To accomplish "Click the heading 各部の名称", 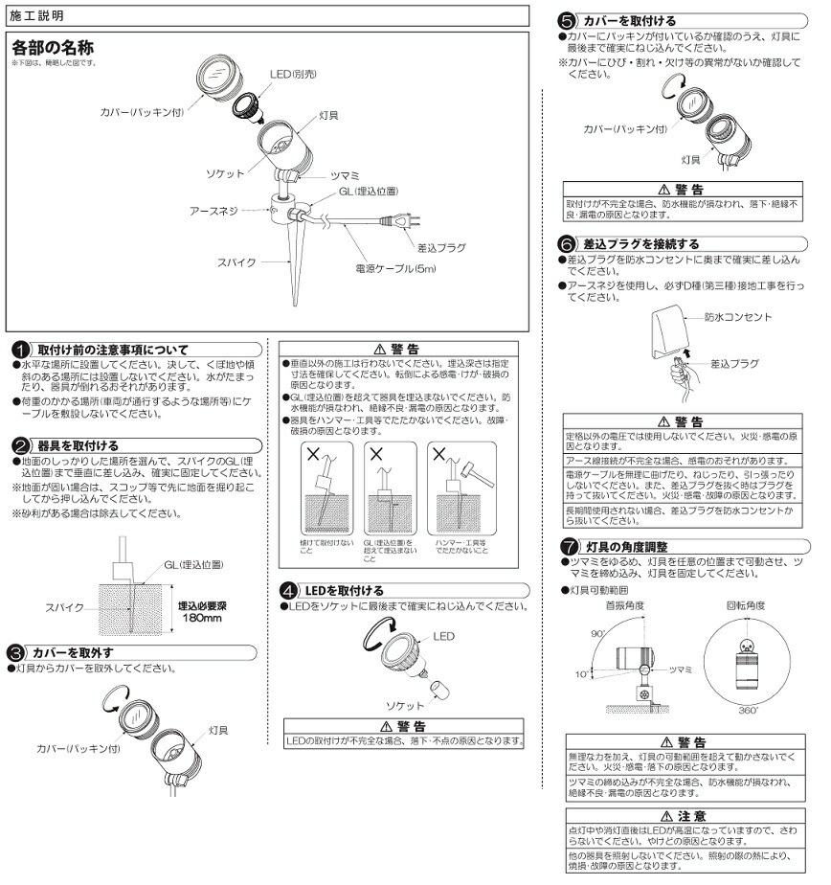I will pos(52,47).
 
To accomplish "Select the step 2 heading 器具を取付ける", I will pos(78,445).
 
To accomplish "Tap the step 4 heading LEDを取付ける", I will pos(345,590).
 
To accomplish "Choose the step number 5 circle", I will pos(567,21).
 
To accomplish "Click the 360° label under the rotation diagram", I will pos(748,711).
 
